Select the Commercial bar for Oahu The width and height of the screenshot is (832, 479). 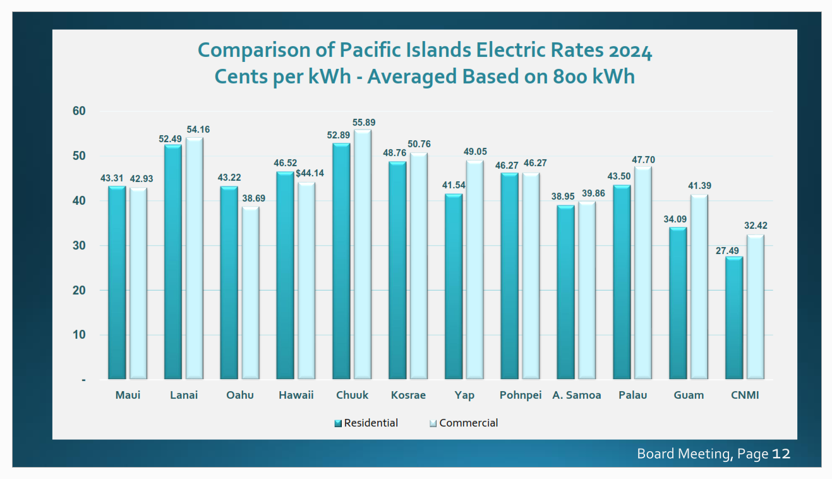pyautogui.click(x=250, y=293)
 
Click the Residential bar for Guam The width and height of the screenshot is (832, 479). pyautogui.click(x=678, y=303)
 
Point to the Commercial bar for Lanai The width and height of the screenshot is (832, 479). pyautogui.click(x=194, y=258)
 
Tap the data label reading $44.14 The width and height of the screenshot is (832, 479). pyautogui.click(x=310, y=173)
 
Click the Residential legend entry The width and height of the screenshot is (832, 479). pyautogui.click(x=370, y=423)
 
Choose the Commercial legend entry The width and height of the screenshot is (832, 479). pyautogui.click(x=467, y=423)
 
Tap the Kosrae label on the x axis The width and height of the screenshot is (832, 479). pyautogui.click(x=408, y=396)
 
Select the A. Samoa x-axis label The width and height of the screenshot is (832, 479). pyautogui.click(x=577, y=396)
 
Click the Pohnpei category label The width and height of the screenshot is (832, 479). pyautogui.click(x=521, y=396)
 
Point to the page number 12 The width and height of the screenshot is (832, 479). pyautogui.click(x=781, y=454)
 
